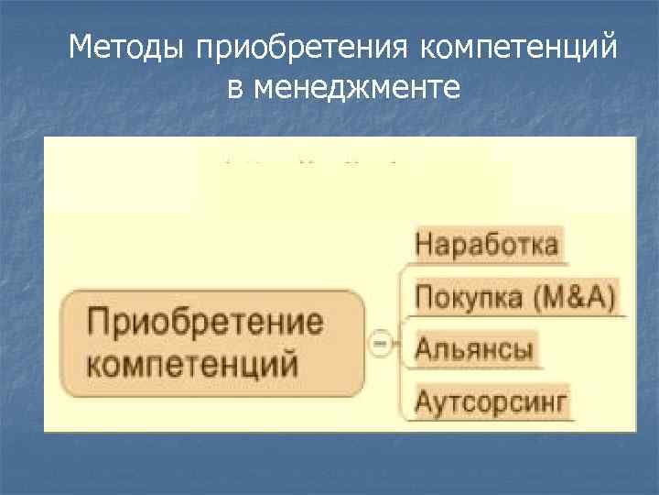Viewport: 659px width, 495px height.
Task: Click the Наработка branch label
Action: click(x=487, y=244)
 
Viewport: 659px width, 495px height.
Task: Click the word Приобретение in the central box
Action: click(x=206, y=323)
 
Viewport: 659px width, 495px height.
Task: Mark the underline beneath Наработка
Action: click(x=490, y=264)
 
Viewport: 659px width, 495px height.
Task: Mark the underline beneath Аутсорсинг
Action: click(x=494, y=421)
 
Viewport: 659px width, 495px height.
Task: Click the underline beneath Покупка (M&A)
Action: click(x=518, y=316)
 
